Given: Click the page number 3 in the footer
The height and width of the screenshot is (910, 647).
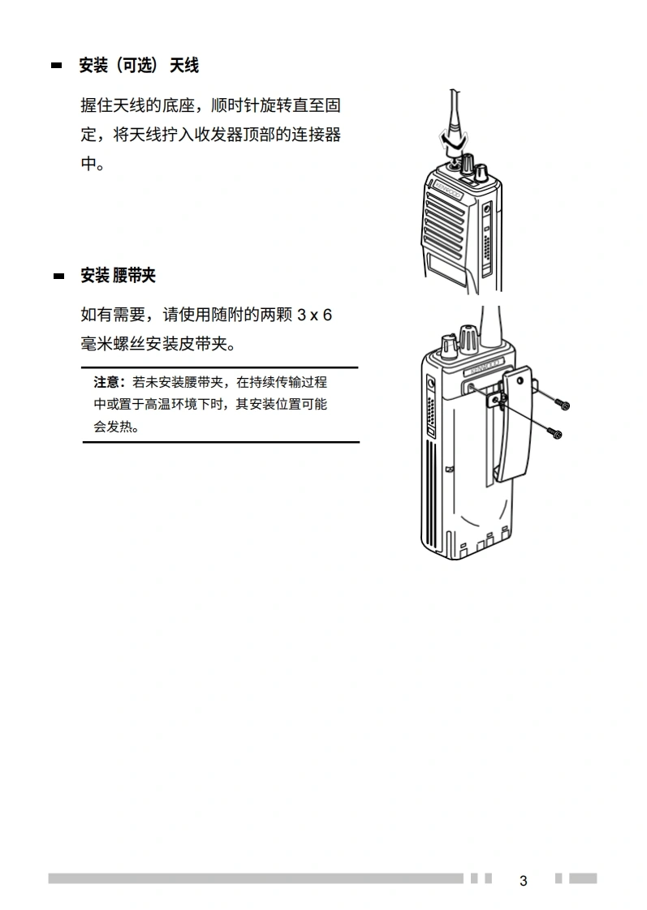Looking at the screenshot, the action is (524, 881).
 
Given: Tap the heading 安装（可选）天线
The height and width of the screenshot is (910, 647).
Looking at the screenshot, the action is (139, 66).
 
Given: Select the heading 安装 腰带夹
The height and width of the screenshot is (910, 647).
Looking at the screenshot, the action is (118, 276).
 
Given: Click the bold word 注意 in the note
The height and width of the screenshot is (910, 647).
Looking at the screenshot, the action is (106, 382).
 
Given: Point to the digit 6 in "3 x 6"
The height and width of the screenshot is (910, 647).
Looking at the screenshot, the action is (328, 315).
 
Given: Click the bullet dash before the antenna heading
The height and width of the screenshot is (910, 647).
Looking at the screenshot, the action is (56, 66).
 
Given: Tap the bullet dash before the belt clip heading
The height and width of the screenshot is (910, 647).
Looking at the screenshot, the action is (58, 277).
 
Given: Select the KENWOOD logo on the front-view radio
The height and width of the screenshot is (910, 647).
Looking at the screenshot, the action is (447, 190).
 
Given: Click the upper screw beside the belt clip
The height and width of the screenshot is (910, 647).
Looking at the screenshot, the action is (562, 404).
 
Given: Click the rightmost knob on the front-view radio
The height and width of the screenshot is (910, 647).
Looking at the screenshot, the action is (481, 172).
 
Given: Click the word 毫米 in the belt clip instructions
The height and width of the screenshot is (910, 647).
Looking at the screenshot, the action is (97, 344).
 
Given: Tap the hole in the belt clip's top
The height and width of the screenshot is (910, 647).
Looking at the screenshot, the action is (520, 380).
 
